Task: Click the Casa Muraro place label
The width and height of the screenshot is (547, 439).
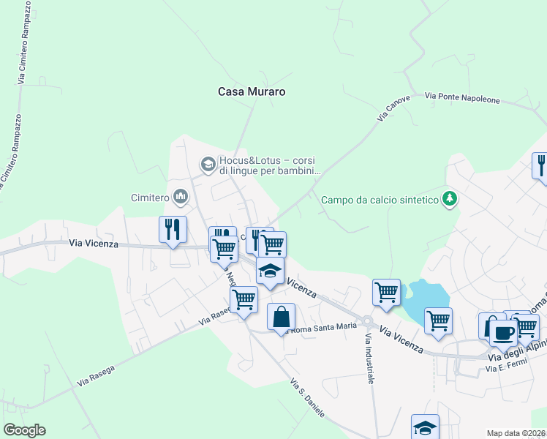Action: coord(251,92)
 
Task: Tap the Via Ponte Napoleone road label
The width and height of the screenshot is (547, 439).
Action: coord(462,98)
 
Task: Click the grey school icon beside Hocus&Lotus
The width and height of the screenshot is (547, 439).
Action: coord(208,162)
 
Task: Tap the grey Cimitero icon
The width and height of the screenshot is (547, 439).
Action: coord(181,196)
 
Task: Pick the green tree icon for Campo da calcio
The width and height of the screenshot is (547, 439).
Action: coord(450,199)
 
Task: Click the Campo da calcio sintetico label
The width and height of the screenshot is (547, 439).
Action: coord(379,199)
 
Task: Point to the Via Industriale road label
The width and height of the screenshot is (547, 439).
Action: coord(369,359)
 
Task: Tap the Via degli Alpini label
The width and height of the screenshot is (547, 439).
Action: coord(516,355)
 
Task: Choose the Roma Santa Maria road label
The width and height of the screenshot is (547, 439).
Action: coord(325,327)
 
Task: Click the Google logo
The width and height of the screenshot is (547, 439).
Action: coord(24,430)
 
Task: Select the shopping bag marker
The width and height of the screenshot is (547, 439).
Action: coord(281,318)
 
